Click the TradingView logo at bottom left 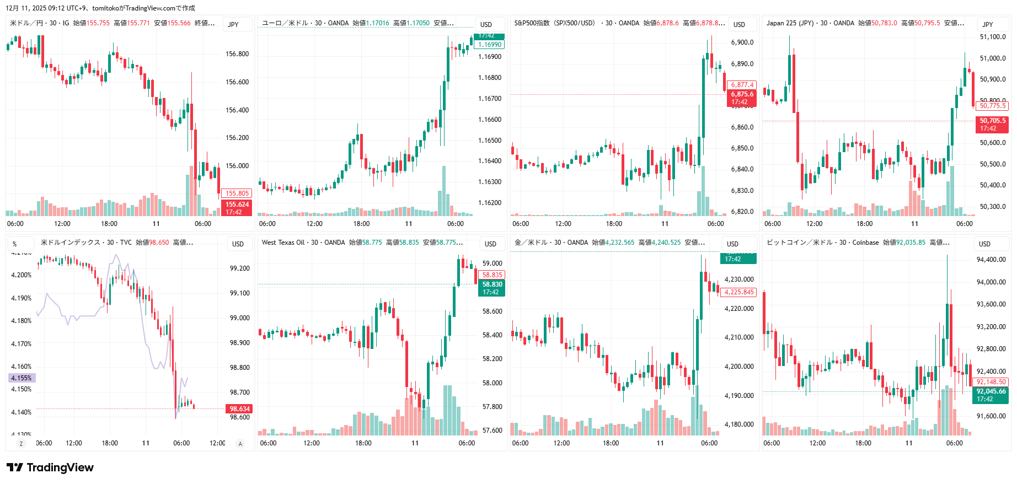point(50,467)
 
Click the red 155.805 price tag point(237,193)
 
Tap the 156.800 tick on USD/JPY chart point(237,54)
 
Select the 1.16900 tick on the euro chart point(490,57)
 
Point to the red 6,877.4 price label point(742,85)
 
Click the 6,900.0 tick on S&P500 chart point(742,42)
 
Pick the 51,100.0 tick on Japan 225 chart point(993,37)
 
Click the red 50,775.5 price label point(993,106)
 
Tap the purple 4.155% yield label point(22,378)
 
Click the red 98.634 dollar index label point(239,409)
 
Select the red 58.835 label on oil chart point(492,275)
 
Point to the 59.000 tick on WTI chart point(492,263)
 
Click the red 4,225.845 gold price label point(739,292)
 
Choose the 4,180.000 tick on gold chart point(739,424)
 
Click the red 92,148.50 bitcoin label point(991,382)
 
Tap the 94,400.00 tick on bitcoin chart point(991,260)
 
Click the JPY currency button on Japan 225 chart point(988,24)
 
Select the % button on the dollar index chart point(15,244)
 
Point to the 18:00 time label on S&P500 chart point(614,224)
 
